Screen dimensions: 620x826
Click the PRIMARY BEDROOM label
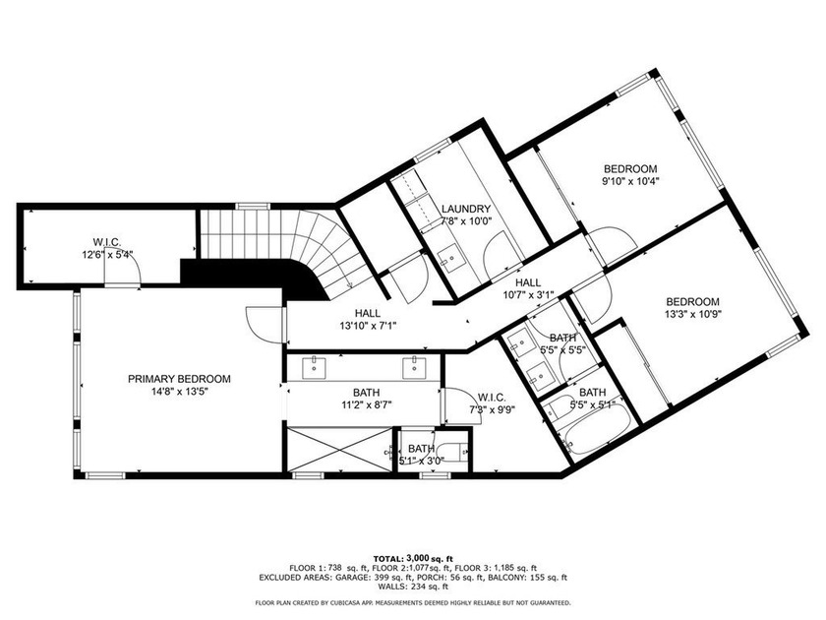(179, 378)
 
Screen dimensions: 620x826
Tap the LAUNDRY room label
(466, 209)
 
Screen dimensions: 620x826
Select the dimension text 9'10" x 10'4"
(629, 181)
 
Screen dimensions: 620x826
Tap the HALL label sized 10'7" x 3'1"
(530, 293)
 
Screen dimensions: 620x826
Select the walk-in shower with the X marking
(338, 451)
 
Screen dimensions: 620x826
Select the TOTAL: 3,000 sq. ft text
(413, 557)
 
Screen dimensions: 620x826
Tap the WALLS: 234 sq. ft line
(413, 588)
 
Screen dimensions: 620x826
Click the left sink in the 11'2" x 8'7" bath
(317, 366)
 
